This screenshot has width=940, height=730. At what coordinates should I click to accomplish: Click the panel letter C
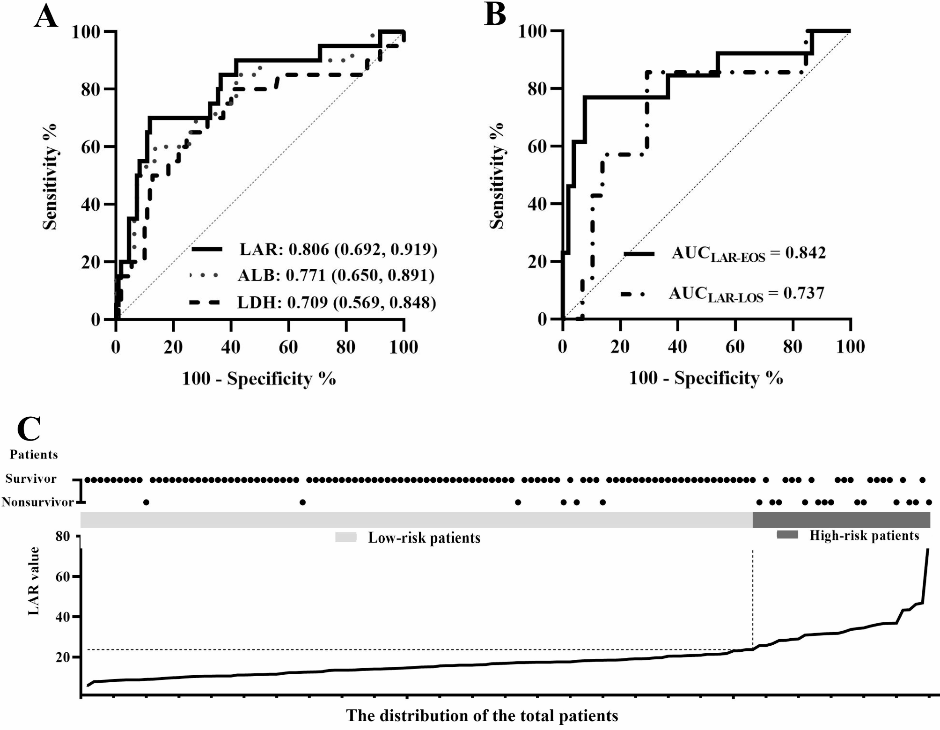click(29, 428)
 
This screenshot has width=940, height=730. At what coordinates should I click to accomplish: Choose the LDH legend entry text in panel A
click(336, 303)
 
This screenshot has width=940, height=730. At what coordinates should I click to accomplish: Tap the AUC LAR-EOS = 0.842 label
click(748, 254)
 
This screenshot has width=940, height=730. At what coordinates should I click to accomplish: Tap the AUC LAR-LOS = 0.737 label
click(746, 294)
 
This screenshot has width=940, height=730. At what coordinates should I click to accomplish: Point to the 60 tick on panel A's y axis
click(90, 147)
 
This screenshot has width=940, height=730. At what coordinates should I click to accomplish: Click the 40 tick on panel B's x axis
click(677, 347)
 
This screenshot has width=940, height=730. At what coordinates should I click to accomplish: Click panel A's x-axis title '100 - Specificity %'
click(258, 378)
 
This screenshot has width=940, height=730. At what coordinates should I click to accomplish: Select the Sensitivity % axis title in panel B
click(497, 176)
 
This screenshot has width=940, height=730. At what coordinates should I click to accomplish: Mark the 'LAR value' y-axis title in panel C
click(34, 581)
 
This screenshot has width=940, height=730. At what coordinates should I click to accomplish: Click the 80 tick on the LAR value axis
click(62, 537)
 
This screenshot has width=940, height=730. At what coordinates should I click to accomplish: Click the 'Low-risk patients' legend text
click(424, 538)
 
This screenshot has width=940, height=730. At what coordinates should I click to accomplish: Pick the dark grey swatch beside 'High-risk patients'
click(787, 535)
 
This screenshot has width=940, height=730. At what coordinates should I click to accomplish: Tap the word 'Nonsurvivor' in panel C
click(37, 502)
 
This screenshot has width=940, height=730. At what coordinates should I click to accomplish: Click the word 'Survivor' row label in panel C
click(31, 479)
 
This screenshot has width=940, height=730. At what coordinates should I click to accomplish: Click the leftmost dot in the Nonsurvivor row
click(146, 502)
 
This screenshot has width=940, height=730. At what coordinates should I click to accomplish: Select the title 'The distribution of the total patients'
click(482, 715)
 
